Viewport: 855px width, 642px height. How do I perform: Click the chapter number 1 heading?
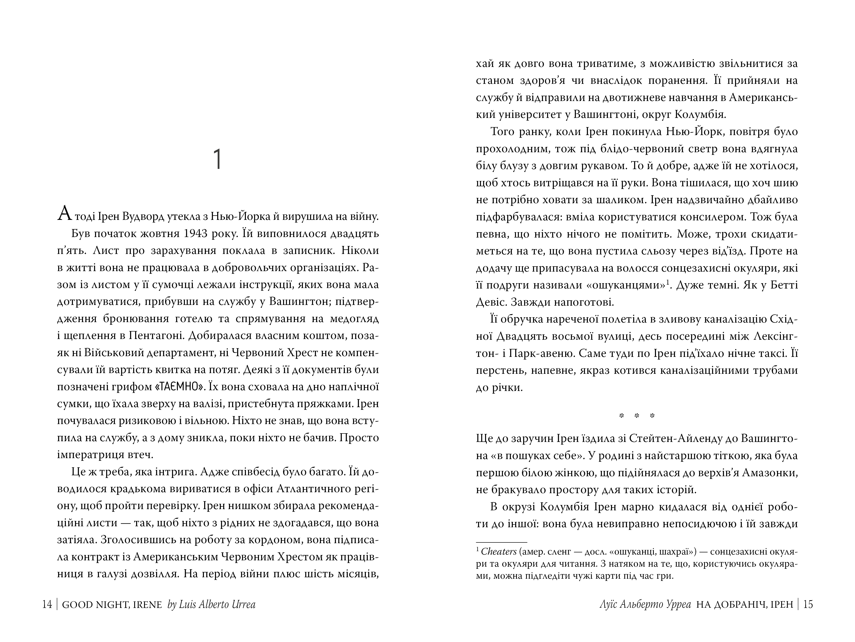(218, 159)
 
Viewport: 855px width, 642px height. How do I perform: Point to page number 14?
(47, 605)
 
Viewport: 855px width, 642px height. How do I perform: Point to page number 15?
(808, 605)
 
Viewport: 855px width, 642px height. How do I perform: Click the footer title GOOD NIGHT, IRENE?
(112, 605)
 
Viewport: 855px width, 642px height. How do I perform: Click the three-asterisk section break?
(637, 416)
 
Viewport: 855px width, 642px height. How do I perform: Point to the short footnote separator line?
(501, 542)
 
